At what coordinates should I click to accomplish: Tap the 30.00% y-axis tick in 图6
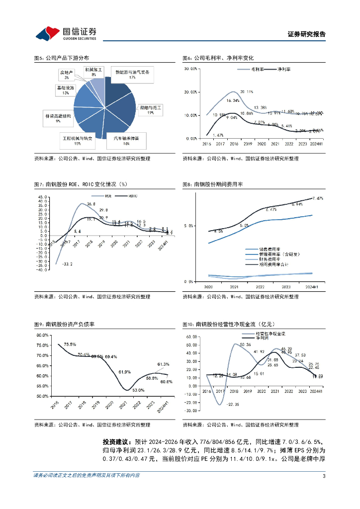pyautogui.click(x=191, y=69)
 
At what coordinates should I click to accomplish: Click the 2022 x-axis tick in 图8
pyautogui.click(x=260, y=287)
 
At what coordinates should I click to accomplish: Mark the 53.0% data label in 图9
pyautogui.click(x=138, y=390)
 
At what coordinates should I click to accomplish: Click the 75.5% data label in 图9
pyautogui.click(x=70, y=344)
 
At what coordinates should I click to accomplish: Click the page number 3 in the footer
pyautogui.click(x=324, y=476)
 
